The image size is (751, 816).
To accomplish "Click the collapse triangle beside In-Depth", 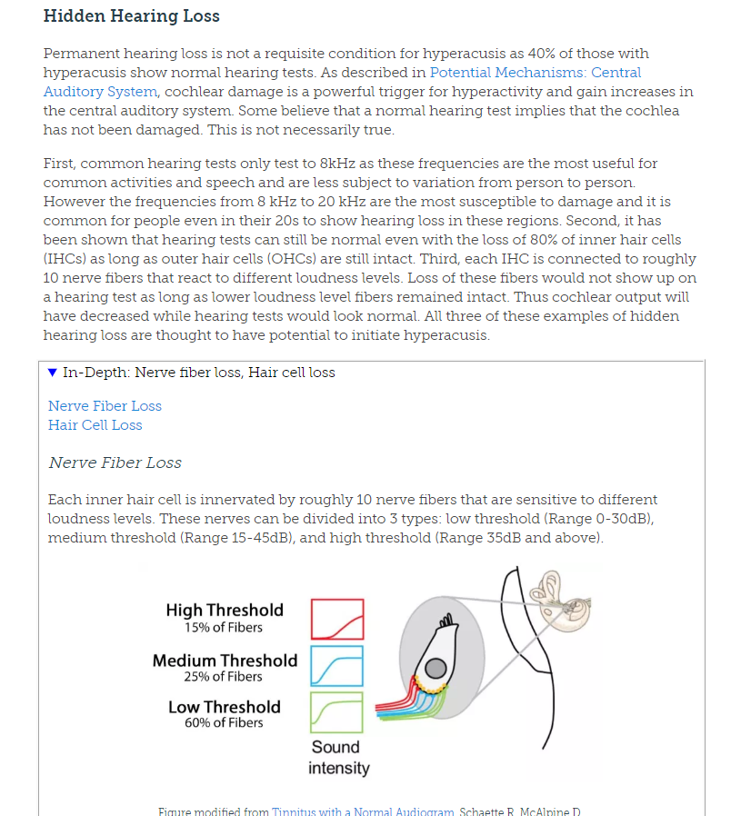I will tap(53, 373).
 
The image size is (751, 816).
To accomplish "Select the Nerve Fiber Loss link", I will tap(105, 406).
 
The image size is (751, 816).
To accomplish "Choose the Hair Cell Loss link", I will tap(95, 425).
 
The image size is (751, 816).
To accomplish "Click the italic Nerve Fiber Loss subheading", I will tap(115, 463).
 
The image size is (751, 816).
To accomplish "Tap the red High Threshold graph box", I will tap(337, 619).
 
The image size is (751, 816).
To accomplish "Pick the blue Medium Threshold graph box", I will tap(336, 666).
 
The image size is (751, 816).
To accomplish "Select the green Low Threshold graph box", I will tap(336, 712).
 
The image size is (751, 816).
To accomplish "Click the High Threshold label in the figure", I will tap(225, 611).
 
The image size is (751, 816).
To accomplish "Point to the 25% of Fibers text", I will tap(224, 677).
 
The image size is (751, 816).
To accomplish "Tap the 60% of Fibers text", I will tap(224, 723).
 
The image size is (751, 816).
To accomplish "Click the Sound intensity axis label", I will tap(338, 758).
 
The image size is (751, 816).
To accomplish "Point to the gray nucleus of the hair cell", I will tap(436, 668).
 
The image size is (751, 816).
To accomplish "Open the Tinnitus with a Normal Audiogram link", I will tap(363, 811).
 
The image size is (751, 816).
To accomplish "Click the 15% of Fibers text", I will tap(224, 628).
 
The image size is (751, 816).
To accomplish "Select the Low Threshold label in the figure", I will tap(225, 707).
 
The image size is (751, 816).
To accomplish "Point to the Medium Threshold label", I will tap(225, 661).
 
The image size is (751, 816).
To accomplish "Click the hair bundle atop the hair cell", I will tap(445, 621).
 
